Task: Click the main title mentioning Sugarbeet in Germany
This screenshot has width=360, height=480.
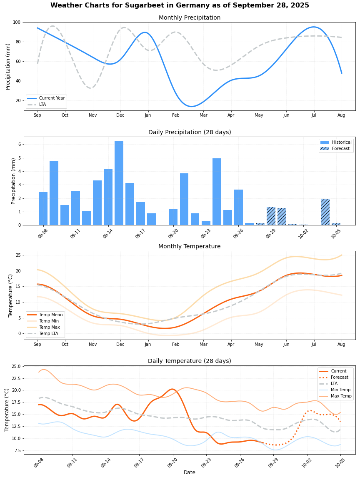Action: [180, 5]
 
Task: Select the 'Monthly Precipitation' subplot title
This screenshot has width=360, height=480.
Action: [189, 18]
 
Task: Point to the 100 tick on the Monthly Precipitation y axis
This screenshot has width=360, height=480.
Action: [17, 22]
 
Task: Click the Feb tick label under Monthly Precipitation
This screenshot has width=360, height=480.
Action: [175, 115]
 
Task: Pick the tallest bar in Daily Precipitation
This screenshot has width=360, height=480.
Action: [119, 183]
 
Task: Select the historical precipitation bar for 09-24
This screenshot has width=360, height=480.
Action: [217, 192]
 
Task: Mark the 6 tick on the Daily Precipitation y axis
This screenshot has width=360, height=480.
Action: [19, 144]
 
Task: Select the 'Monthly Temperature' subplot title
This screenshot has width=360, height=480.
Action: [189, 247]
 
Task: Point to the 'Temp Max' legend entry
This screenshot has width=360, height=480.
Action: [49, 327]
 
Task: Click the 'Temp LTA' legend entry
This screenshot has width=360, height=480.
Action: [50, 334]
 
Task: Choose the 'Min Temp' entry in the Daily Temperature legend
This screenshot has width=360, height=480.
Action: [341, 390]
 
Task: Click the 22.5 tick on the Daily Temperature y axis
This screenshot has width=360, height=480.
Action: [16, 378]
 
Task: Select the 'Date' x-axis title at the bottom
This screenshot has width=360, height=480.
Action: [189, 472]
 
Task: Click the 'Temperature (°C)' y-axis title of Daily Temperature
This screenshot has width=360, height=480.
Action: [7, 410]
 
